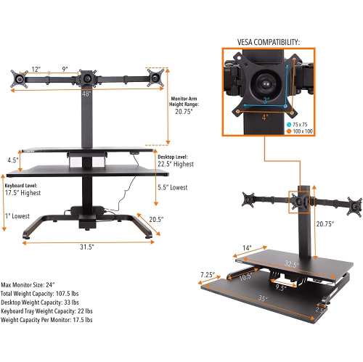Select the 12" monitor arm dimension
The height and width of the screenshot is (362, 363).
point(36,70)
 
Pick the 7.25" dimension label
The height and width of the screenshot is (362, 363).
point(211,274)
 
